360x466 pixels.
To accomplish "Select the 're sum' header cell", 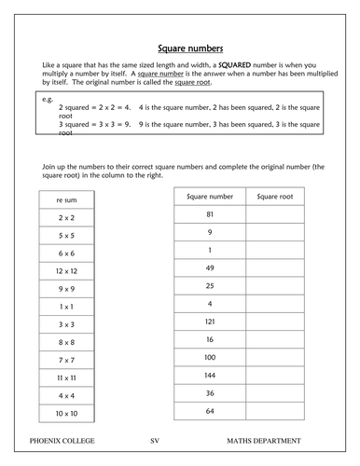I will (65, 199).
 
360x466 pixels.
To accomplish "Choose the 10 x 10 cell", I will (65, 412).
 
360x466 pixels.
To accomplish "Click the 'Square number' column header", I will (210, 197).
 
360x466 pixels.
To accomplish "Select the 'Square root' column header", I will (281, 197).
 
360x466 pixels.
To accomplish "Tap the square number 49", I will (210, 267).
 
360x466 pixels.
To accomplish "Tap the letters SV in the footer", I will (155, 436).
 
